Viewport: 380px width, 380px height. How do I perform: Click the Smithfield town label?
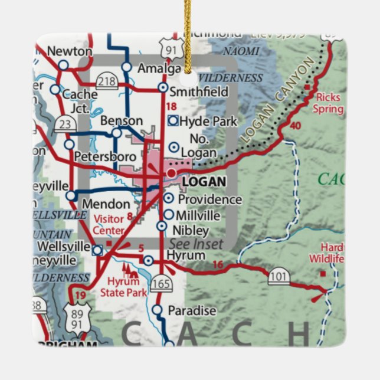199,91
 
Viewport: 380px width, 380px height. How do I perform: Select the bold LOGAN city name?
204,182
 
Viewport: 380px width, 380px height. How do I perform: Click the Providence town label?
209,199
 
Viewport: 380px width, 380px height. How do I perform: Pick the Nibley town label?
191,230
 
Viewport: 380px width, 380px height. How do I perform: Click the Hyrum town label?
186,255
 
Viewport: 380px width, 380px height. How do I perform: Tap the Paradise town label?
192,310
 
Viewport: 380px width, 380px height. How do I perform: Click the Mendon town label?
107,204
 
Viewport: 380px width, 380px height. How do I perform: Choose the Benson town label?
122,120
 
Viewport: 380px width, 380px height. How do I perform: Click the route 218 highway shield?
106,82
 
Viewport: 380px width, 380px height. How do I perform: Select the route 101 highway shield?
279,276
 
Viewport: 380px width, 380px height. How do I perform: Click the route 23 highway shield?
64,123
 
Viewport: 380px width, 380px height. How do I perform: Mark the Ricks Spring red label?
329,103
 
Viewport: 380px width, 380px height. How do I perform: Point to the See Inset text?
196,244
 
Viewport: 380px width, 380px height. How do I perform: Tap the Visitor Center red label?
109,225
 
